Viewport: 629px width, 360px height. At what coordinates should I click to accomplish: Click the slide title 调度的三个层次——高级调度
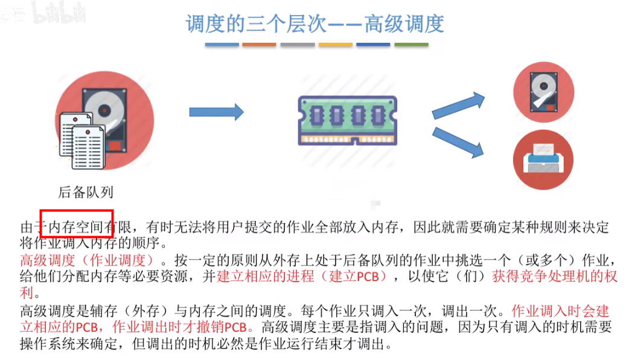314,24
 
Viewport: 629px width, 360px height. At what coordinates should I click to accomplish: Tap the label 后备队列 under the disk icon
85,192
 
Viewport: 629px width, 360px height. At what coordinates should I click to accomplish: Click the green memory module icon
348,119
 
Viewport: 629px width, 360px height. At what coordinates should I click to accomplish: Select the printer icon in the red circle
543,158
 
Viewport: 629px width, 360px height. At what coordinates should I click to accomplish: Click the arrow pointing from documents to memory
216,112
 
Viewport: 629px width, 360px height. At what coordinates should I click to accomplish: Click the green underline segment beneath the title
410,45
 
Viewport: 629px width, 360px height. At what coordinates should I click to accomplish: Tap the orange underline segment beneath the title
259,45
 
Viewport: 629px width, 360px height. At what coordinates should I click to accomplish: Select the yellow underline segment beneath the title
335,45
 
